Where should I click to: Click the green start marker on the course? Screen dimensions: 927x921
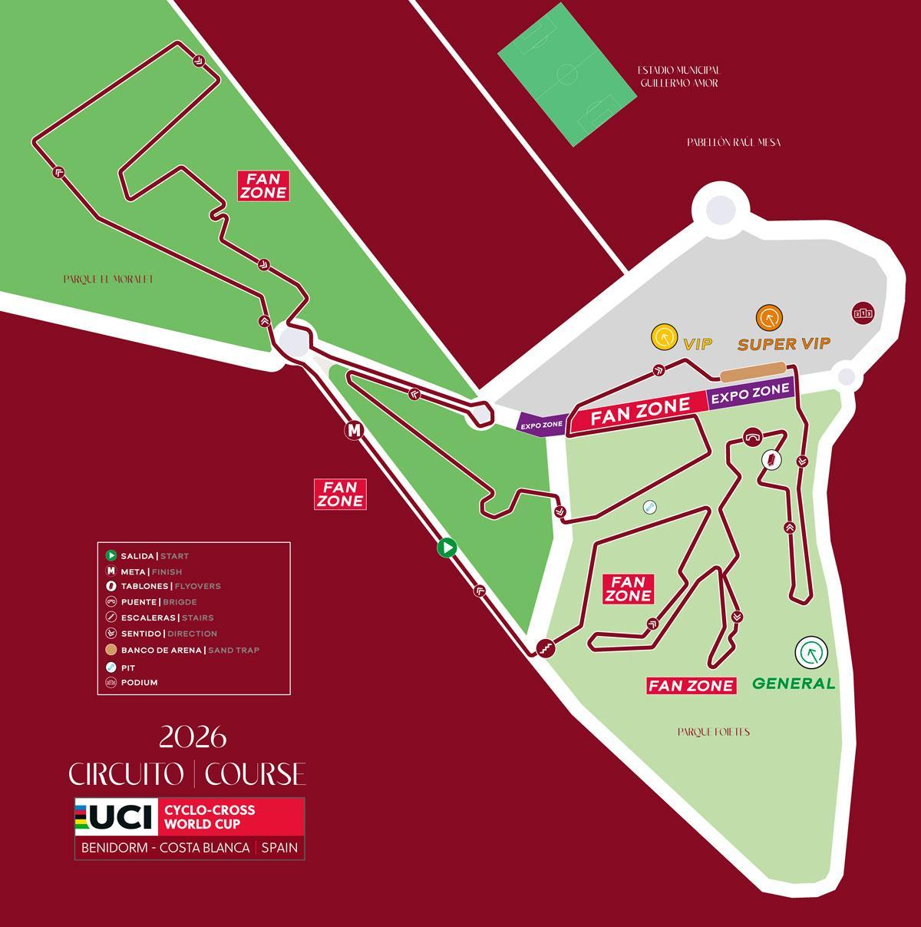click(x=447, y=548)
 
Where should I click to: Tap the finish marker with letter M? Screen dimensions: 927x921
click(x=353, y=431)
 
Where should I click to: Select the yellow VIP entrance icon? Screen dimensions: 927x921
click(x=663, y=337)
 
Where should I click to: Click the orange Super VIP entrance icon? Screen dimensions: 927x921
click(x=768, y=317)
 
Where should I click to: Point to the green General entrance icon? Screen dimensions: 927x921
click(x=810, y=653)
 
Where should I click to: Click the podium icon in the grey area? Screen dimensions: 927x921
click(x=863, y=313)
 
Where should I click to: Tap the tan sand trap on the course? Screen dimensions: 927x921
click(x=752, y=372)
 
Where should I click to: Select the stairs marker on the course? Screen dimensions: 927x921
click(x=545, y=647)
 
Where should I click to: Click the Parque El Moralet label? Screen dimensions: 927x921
click(x=108, y=280)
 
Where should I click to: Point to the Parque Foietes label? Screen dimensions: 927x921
click(x=713, y=732)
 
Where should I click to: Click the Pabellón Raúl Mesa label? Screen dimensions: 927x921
click(x=734, y=142)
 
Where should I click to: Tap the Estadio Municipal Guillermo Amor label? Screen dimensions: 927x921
click(x=678, y=77)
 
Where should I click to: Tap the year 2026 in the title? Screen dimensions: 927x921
click(x=193, y=738)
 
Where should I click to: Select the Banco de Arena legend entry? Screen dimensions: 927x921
click(x=184, y=650)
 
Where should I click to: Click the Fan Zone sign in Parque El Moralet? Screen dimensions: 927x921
click(x=263, y=185)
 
